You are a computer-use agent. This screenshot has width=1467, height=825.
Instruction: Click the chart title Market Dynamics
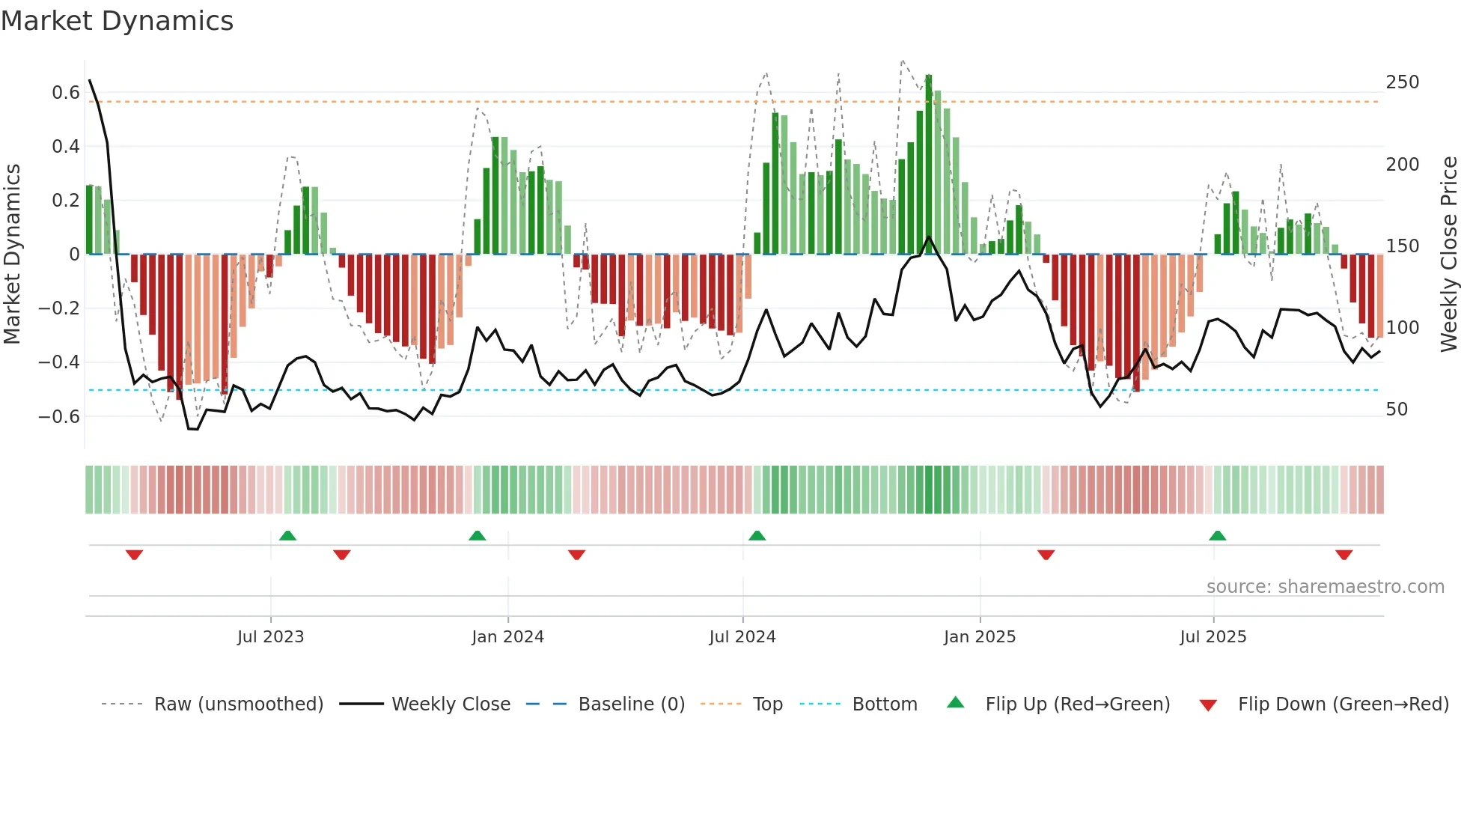click(x=117, y=21)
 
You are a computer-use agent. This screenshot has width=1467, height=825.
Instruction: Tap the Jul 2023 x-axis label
click(x=270, y=637)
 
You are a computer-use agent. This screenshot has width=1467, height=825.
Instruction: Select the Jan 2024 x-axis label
click(x=507, y=637)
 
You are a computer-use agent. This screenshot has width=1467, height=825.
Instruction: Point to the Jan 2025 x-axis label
click(x=979, y=637)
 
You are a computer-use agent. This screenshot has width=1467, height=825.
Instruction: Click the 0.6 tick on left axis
click(x=65, y=93)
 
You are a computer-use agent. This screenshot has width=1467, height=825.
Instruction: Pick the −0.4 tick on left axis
click(x=59, y=362)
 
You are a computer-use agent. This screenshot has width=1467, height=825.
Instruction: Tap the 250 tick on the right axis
click(x=1402, y=82)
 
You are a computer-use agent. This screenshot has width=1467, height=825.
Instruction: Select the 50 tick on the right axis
click(x=1397, y=410)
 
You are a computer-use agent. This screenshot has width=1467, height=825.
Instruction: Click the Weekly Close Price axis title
click(x=1449, y=255)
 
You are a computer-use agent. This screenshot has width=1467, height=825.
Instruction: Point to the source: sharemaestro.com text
click(x=1325, y=587)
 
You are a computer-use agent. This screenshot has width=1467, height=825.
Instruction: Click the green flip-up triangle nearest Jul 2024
click(x=757, y=535)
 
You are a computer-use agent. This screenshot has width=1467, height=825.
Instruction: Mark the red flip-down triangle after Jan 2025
click(x=1046, y=555)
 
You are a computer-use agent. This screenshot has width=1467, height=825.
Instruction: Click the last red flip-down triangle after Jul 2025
click(x=1344, y=555)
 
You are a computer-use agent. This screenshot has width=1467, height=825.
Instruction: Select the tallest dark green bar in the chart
click(x=929, y=165)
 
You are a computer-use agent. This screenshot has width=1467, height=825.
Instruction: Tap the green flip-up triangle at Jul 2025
click(x=1217, y=535)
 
